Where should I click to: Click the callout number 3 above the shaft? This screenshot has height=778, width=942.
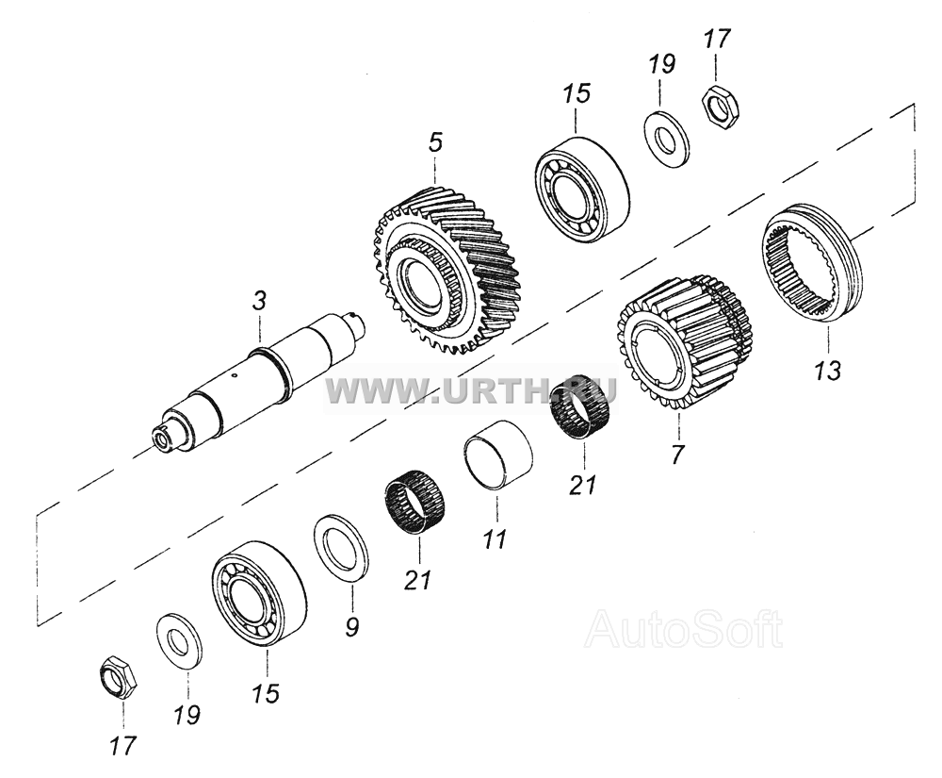coord(259,301)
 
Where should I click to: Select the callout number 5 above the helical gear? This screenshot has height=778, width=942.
coord(435,143)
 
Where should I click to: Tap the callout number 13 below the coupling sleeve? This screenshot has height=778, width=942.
coord(828,371)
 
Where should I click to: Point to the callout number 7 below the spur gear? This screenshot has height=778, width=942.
coord(677,455)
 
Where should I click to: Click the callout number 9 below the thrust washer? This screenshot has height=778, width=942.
coord(352,626)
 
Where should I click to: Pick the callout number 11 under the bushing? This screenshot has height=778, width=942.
coord(495,538)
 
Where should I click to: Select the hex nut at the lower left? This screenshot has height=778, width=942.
coord(118,682)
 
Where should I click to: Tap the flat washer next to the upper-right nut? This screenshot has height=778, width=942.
coord(667,139)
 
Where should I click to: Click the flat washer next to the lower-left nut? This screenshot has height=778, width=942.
coord(179,641)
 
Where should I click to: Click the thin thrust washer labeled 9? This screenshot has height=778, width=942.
coord(342,547)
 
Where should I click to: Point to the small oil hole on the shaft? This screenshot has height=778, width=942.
coord(235,377)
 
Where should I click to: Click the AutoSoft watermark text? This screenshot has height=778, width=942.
coord(685,630)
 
